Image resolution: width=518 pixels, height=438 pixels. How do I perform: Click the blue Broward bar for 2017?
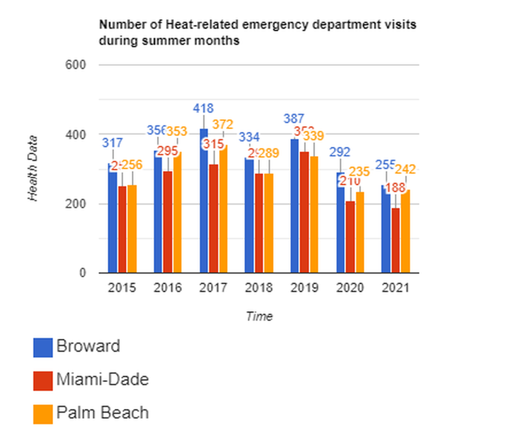click(x=204, y=201)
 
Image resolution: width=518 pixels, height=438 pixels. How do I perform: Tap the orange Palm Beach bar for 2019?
click(x=314, y=214)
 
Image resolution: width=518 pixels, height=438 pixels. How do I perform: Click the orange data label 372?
click(x=223, y=124)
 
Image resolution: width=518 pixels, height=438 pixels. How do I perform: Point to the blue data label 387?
click(x=294, y=119)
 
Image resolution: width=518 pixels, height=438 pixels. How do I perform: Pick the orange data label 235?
click(x=359, y=172)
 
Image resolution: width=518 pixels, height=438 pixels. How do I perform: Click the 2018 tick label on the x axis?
click(x=259, y=288)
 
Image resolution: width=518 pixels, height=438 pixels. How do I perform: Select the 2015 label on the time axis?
click(x=122, y=288)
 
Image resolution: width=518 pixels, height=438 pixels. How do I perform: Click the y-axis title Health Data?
click(x=33, y=169)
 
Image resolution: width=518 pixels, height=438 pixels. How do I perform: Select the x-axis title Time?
click(x=259, y=316)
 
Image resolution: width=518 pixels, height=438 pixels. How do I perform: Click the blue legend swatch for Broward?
click(x=43, y=347)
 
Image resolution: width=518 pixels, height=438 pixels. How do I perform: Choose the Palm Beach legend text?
click(x=102, y=413)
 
